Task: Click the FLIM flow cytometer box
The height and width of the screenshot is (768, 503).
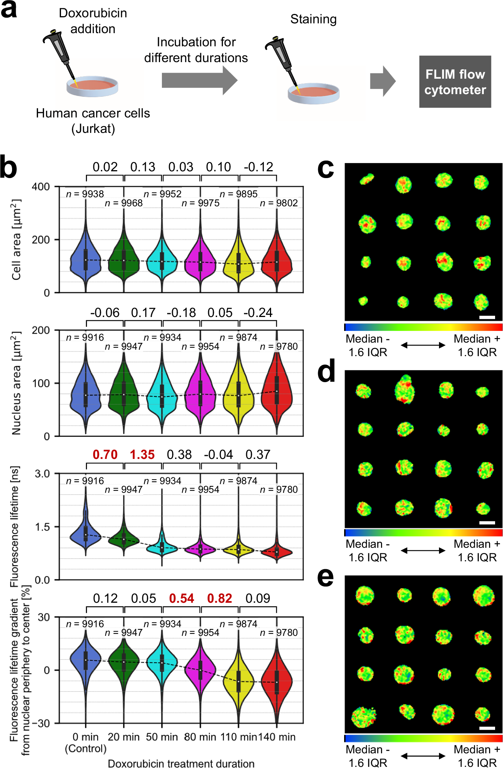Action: click(x=455, y=82)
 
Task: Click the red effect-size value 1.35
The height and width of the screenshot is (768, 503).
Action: click(x=142, y=454)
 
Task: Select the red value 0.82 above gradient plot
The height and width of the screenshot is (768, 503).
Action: click(x=219, y=598)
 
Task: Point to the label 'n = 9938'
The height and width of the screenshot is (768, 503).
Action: click(x=85, y=194)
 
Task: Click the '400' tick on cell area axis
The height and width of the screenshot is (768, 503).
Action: click(x=41, y=187)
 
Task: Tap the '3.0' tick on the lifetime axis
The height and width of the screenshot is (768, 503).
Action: click(x=42, y=474)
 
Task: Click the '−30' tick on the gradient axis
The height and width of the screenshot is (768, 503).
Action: click(x=40, y=724)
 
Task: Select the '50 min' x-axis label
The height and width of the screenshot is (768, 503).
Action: click(x=162, y=737)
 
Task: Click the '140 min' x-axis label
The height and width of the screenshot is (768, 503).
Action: click(x=277, y=737)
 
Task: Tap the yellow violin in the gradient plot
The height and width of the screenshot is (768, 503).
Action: click(x=238, y=681)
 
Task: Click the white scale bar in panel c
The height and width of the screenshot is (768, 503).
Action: click(x=487, y=317)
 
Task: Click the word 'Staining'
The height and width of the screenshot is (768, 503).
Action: click(x=313, y=19)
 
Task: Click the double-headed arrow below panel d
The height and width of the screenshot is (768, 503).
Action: click(x=423, y=550)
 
